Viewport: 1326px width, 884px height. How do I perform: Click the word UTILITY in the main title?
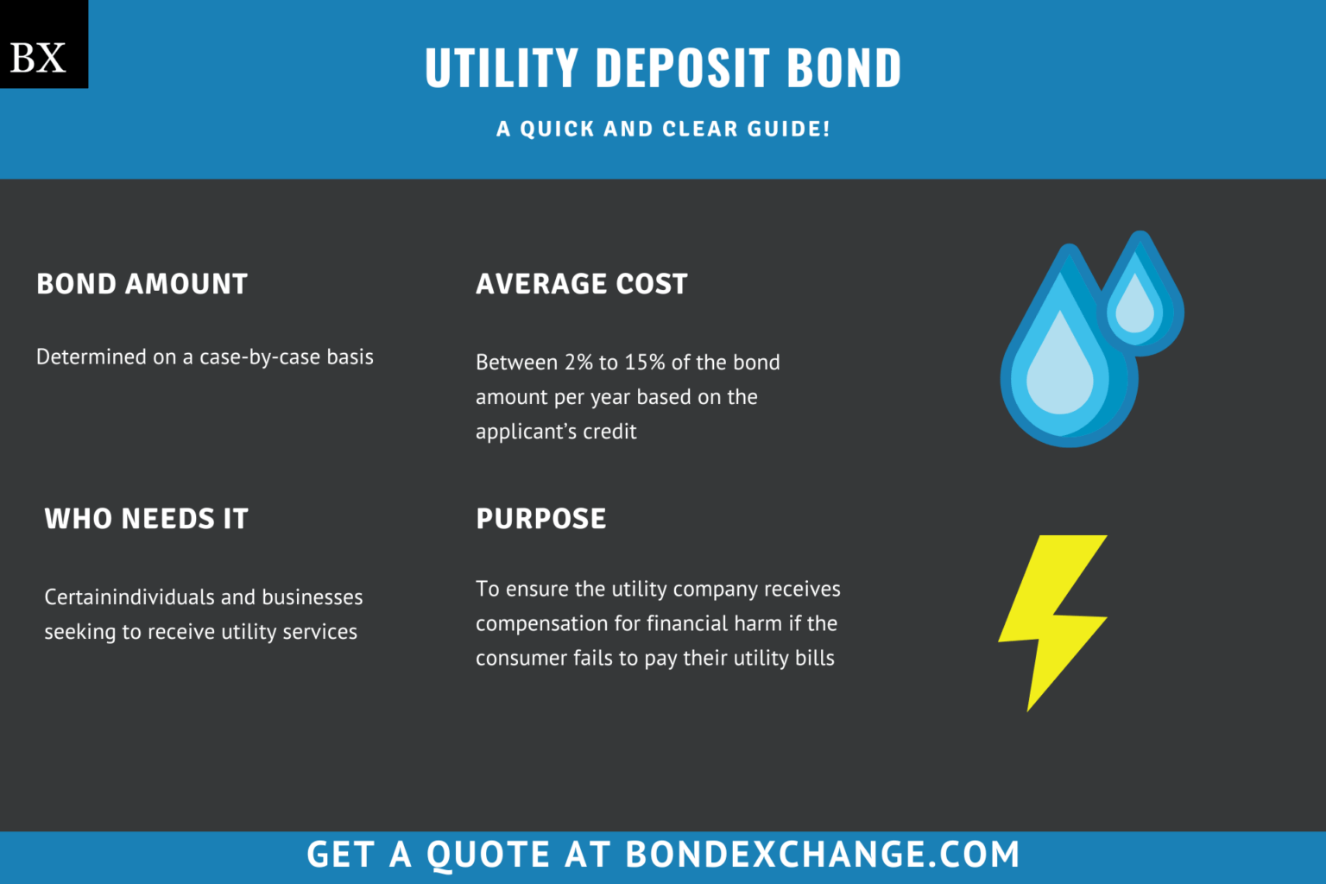[501, 68]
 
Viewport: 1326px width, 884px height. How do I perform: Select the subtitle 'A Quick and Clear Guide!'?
[663, 129]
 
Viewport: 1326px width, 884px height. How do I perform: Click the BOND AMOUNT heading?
[142, 284]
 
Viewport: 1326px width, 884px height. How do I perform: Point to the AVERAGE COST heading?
[581, 284]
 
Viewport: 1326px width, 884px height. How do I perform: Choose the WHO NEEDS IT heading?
[146, 519]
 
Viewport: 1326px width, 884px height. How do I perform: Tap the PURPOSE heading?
[541, 519]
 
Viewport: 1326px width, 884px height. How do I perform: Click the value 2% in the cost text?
[578, 363]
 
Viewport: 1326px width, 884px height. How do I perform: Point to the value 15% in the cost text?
[645, 363]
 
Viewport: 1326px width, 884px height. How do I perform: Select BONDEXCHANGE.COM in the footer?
[822, 855]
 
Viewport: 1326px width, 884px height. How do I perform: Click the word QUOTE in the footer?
[488, 855]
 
